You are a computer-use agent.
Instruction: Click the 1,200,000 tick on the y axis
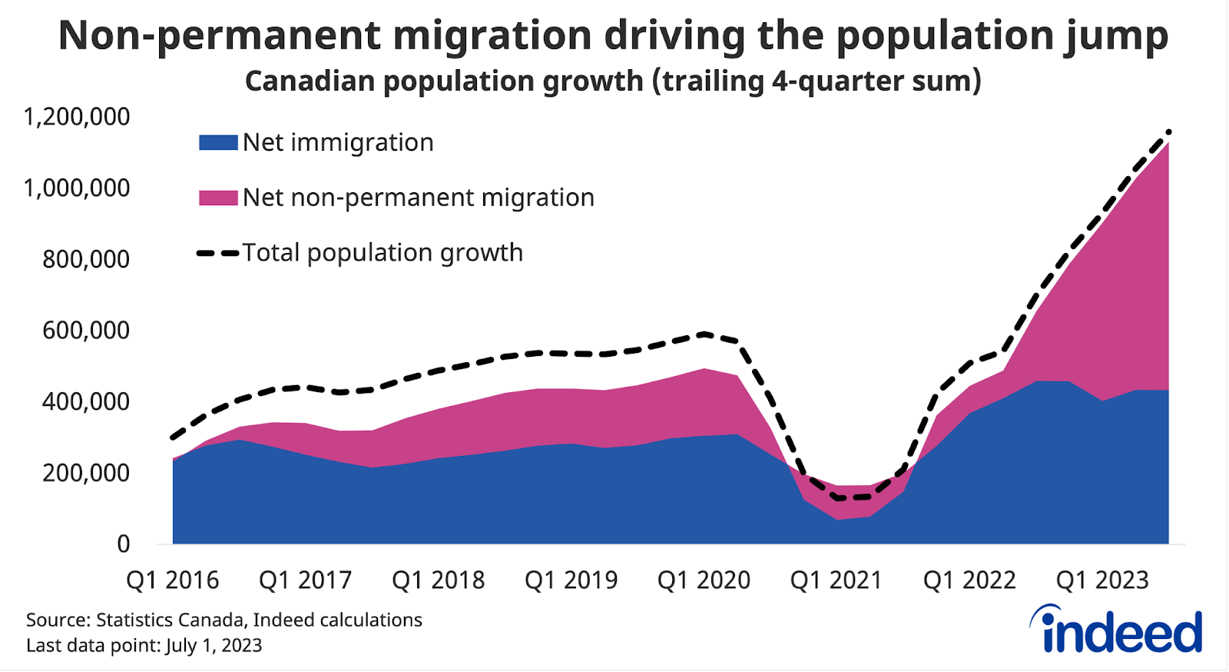(77, 117)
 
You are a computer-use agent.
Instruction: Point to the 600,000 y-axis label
(86, 331)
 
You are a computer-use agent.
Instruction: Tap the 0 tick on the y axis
(123, 544)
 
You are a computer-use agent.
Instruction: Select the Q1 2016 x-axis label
(173, 580)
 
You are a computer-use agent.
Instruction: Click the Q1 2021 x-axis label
(836, 580)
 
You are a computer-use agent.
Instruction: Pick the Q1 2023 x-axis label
(1102, 580)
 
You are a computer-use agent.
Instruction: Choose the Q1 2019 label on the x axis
(571, 580)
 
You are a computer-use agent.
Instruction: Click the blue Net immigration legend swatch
(218, 142)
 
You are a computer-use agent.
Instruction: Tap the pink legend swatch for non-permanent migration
(218, 198)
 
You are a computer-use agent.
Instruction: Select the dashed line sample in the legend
(218, 253)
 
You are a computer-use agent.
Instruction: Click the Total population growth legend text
(383, 253)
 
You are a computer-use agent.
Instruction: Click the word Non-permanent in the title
(219, 35)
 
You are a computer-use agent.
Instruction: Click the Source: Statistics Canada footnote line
(224, 620)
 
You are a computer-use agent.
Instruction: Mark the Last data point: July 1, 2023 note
(144, 645)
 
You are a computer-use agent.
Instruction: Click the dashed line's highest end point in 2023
(1168, 131)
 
